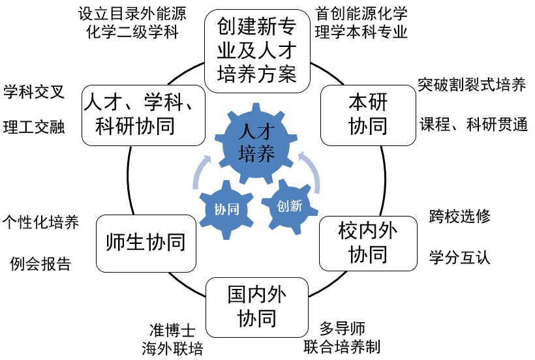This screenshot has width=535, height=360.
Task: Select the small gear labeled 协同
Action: [226, 209]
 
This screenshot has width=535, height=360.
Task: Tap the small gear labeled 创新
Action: [288, 205]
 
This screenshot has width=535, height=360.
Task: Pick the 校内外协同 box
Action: [367, 242]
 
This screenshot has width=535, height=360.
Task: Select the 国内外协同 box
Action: [256, 306]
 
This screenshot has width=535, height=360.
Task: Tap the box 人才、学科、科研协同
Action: [144, 113]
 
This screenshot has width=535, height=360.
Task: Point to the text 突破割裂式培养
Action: [472, 85]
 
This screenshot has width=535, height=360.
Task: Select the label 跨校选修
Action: [459, 216]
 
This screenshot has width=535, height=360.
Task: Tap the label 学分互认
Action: [459, 256]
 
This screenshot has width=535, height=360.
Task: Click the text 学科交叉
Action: [34, 91]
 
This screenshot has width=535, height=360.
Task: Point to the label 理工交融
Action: [34, 127]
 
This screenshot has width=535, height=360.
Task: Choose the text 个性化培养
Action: [40, 222]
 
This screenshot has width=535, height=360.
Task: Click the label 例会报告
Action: [40, 264]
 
